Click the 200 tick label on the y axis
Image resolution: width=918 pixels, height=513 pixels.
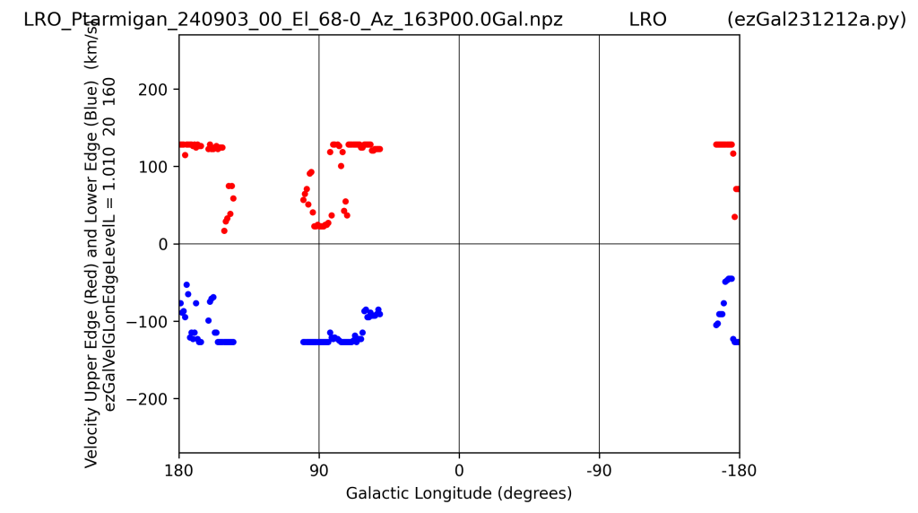(x=152, y=90)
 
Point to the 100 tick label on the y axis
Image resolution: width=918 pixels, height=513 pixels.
(x=152, y=167)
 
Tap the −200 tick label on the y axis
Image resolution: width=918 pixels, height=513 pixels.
(x=148, y=399)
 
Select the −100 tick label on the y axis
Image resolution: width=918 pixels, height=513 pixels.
(x=148, y=321)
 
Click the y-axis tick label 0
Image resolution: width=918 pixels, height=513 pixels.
(x=163, y=244)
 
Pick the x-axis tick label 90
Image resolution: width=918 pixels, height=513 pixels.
(x=319, y=471)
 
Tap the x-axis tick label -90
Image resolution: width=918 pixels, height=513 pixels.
(x=599, y=471)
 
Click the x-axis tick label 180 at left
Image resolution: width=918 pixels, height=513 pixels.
(x=179, y=471)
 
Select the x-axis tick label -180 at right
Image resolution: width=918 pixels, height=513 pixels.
(x=739, y=471)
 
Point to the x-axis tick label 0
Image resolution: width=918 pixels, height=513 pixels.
(x=459, y=471)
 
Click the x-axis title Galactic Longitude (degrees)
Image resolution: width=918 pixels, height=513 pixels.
(x=459, y=493)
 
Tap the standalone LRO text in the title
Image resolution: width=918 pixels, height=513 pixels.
(x=647, y=20)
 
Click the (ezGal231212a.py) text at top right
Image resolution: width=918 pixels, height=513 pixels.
(x=817, y=20)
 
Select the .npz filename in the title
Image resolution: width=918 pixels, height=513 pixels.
(x=293, y=20)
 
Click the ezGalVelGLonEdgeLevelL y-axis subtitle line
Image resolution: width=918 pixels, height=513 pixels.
(x=109, y=244)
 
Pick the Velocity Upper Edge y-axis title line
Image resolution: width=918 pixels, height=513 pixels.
(x=91, y=244)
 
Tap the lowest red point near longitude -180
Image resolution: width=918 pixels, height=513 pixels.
(x=735, y=217)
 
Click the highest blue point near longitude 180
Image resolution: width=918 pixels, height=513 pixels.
(x=186, y=285)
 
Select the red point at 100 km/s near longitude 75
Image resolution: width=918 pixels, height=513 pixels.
(x=341, y=166)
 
